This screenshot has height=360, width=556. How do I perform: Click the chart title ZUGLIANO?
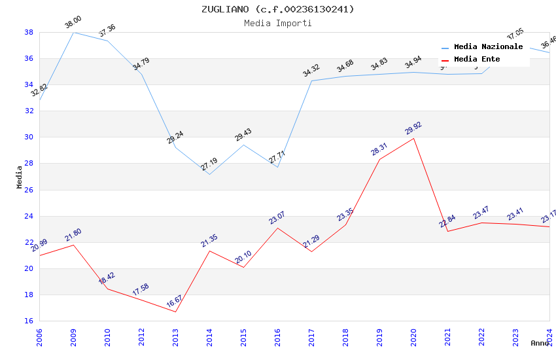coord(277,9)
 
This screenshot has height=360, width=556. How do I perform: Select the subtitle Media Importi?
coord(277,23)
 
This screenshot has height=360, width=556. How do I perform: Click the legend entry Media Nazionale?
coord(488,47)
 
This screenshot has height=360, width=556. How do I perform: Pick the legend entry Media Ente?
coord(477,60)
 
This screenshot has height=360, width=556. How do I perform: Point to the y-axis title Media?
coord(20,177)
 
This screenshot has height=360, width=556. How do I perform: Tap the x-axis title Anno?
coord(540,343)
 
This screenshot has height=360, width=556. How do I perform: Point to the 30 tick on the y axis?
coord(29,137)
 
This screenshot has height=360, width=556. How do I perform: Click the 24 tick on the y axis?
coord(29,216)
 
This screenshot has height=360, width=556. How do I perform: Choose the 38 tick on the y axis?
coord(29,32)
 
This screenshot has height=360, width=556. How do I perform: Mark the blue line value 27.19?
coord(209,164)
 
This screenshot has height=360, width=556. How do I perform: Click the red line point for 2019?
coord(379,159)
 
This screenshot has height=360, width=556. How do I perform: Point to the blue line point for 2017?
coord(311,81)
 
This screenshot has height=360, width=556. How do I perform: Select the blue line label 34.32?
coord(311,71)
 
